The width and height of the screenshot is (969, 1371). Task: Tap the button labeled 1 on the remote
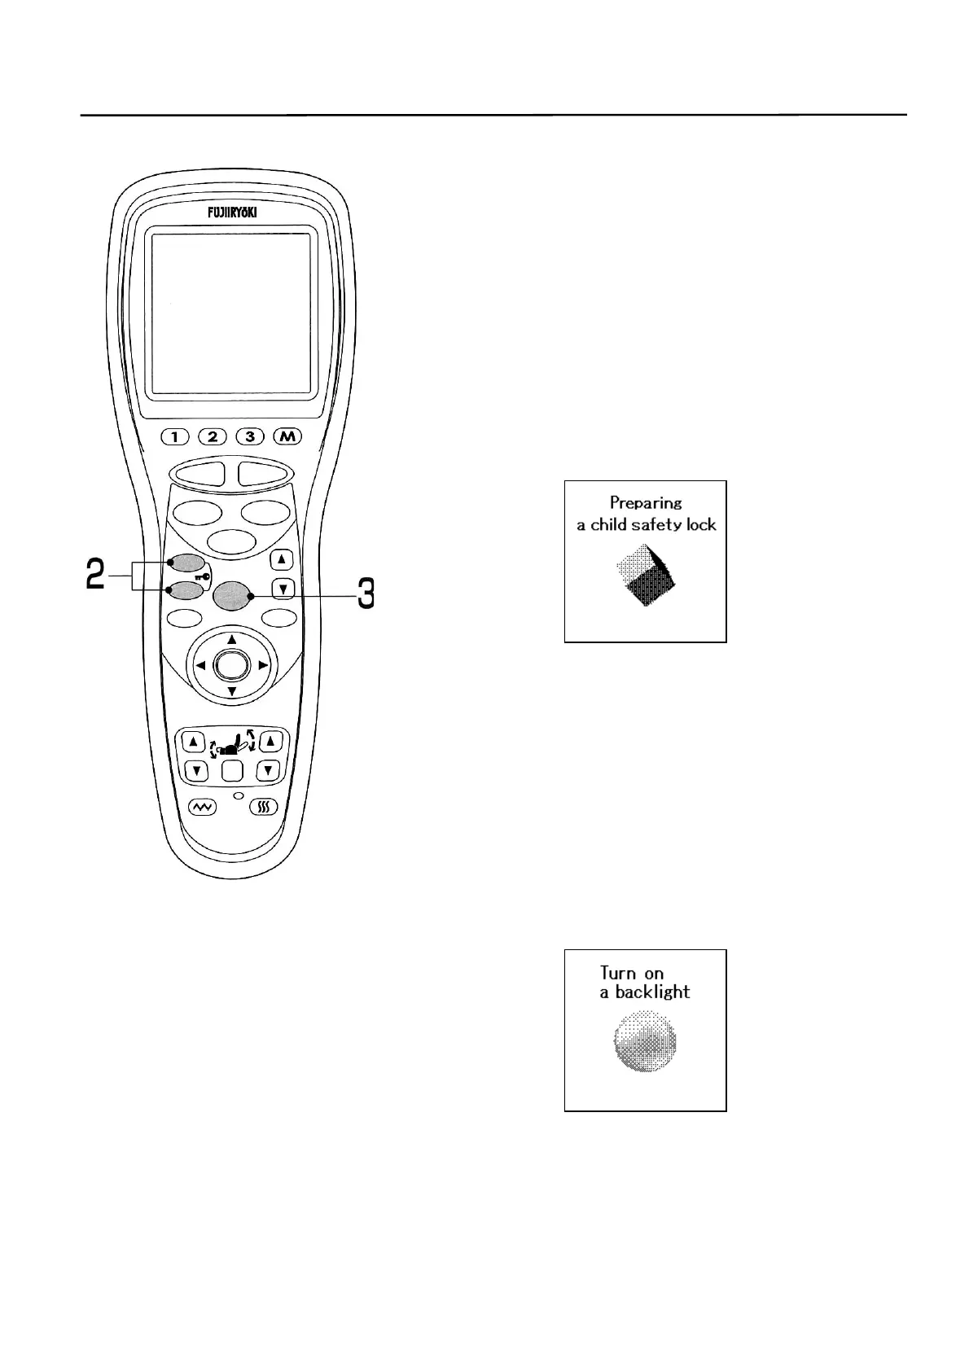pos(175,436)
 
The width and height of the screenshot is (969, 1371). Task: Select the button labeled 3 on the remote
pos(250,436)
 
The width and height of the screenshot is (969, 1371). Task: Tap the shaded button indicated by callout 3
pos(231,596)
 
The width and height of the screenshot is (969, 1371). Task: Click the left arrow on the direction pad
pos(199,665)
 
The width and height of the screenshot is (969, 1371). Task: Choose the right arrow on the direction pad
pos(263,665)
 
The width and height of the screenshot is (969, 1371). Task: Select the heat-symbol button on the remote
pos(263,807)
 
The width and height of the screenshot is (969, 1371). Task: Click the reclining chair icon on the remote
pos(232,743)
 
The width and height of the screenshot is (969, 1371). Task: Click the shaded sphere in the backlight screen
pos(644,1042)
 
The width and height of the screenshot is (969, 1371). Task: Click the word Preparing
pos(646,503)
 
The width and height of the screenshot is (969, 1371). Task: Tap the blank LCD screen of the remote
pos(231,314)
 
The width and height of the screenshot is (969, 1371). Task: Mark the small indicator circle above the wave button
pos(238,794)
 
